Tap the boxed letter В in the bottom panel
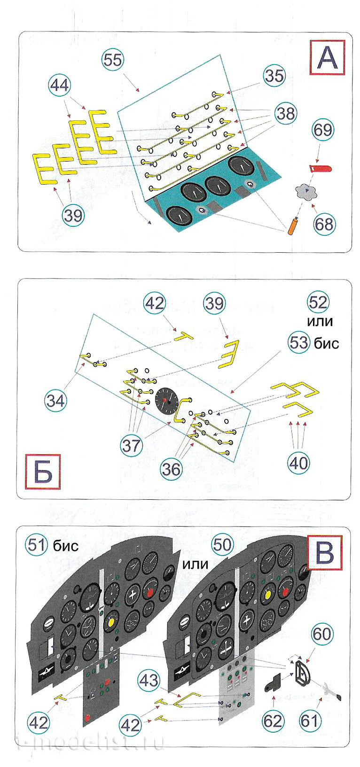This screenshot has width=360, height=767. (x=324, y=552)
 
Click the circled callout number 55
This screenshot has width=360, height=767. (x=113, y=60)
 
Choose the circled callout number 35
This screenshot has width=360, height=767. (x=274, y=75)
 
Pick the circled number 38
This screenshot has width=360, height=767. (x=285, y=113)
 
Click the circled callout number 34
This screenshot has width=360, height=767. (x=55, y=400)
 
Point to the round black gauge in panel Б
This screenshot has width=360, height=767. (x=166, y=400)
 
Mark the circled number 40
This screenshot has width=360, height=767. (x=298, y=463)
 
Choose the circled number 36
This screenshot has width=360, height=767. (x=171, y=468)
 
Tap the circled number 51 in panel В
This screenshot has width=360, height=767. (x=38, y=545)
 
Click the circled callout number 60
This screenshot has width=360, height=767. (x=321, y=634)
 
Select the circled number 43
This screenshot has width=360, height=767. (x=149, y=680)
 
